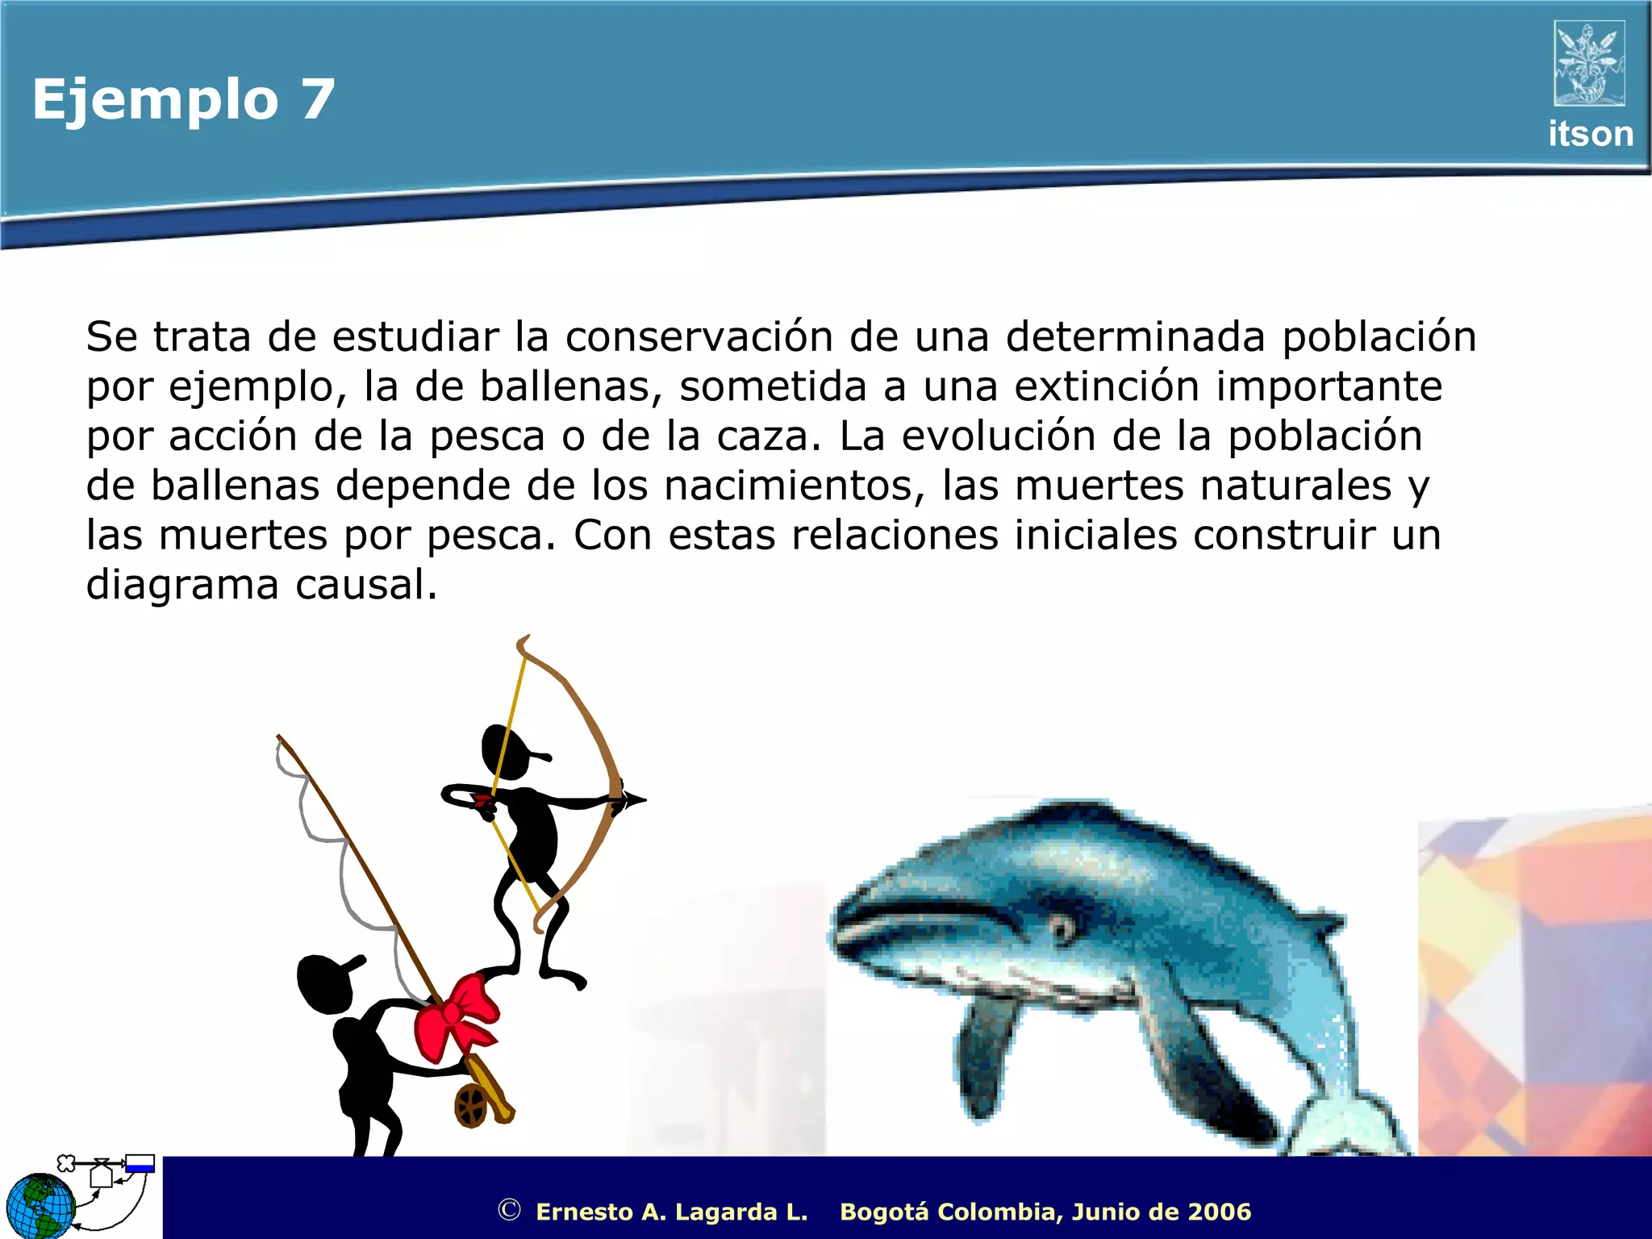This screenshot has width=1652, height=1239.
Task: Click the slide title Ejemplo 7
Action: [x=183, y=99]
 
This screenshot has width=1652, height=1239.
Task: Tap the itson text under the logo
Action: [x=1590, y=134]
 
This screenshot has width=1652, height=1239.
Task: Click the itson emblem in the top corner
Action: [x=1589, y=64]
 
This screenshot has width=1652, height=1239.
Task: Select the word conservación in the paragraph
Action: [x=699, y=336]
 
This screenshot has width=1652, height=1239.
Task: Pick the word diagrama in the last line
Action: [x=182, y=585]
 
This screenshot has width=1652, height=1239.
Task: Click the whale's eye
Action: [x=1062, y=929]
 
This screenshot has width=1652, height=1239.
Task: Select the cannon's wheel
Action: [x=472, y=1104]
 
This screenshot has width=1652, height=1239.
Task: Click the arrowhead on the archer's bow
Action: [x=632, y=799]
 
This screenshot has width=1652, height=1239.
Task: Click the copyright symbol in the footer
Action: [x=509, y=1210]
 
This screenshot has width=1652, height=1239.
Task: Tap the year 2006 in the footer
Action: [x=1219, y=1212]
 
